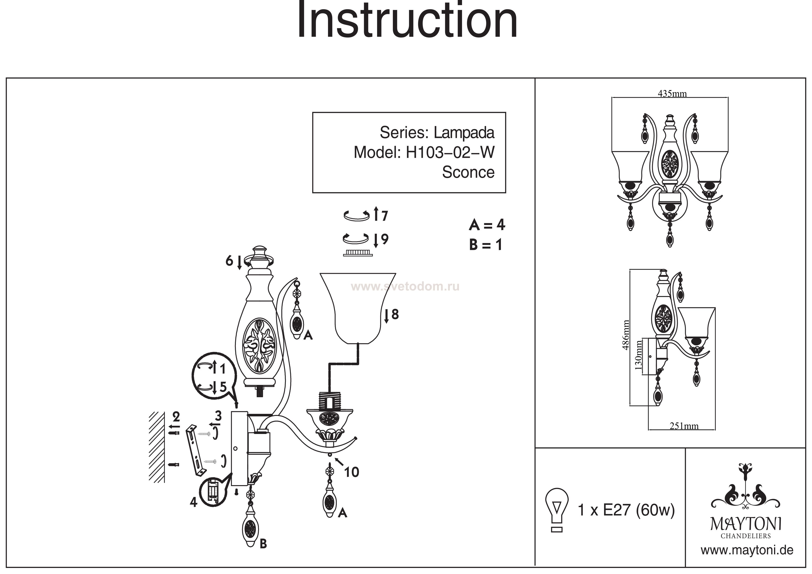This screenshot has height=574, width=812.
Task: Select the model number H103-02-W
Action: coord(450,153)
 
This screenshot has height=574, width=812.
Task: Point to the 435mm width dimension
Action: coord(672,94)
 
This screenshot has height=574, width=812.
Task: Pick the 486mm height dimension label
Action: coord(626,335)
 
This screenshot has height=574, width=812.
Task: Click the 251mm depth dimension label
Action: coord(684,426)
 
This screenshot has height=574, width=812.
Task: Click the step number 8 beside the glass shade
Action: coord(395,314)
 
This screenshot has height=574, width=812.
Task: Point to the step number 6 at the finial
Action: coord(229,261)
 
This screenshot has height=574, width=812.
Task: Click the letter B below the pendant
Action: coord(263,544)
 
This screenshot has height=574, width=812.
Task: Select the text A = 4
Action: coord(487,225)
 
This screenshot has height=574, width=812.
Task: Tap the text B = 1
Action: coord(486,245)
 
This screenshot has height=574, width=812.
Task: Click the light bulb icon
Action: coord(557,510)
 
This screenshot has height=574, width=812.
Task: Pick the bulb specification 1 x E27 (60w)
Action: coord(626,510)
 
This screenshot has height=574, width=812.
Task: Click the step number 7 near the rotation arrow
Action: coord(384,216)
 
